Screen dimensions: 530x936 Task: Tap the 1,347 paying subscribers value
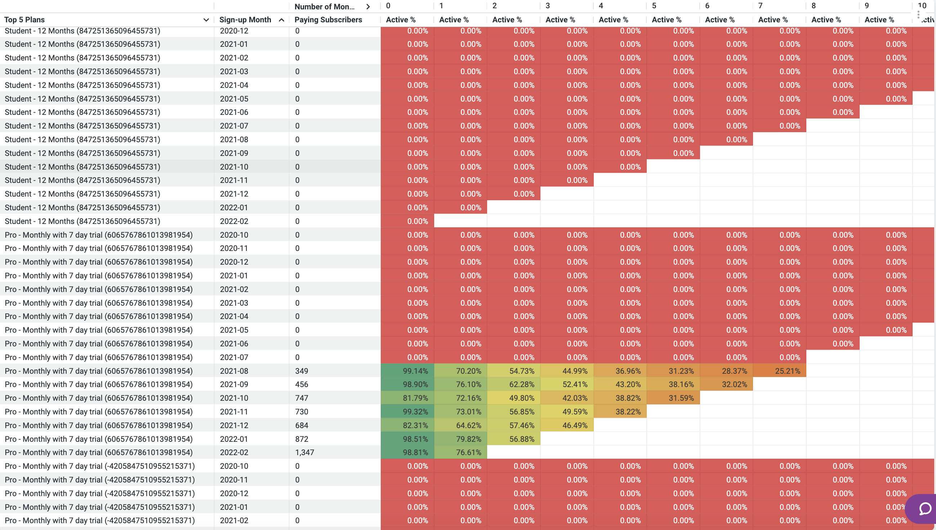(304, 453)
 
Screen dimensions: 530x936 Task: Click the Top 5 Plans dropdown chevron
(206, 20)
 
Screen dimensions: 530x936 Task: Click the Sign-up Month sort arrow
(281, 20)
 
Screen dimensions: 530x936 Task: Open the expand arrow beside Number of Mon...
(368, 6)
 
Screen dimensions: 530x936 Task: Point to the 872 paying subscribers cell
(302, 439)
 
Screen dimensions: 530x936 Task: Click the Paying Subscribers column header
(328, 20)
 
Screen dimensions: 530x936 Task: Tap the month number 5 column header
(654, 6)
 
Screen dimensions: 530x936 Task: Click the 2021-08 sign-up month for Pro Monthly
(234, 371)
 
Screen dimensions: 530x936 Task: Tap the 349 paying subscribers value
(302, 371)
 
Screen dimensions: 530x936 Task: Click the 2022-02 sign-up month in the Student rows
(234, 221)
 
